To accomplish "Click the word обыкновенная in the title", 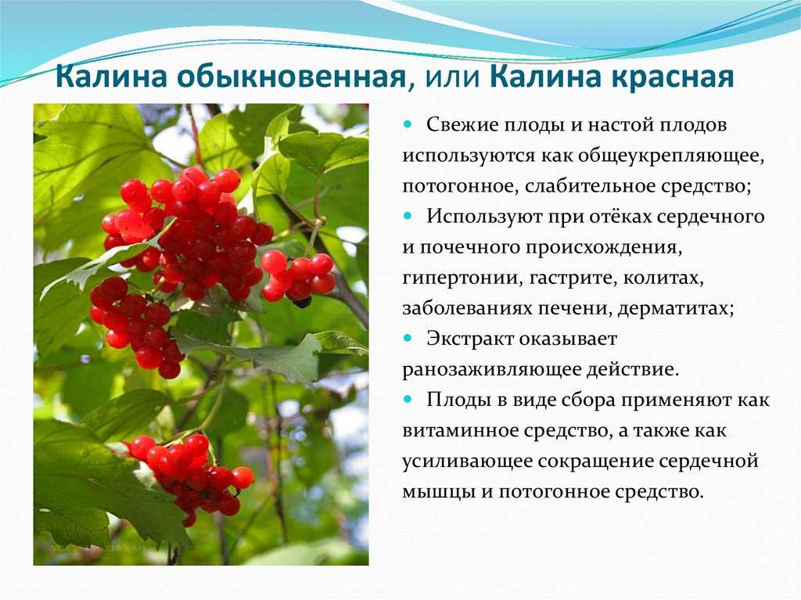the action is coord(291,77).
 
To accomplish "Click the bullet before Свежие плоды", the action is coord(407,124).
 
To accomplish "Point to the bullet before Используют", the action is coord(407,216).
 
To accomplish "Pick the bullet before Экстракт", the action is coord(407,338).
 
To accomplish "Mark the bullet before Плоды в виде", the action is coord(407,400).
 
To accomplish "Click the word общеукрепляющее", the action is coord(671,156).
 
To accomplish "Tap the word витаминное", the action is coord(460,430).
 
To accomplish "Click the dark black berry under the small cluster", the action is coord(303,302).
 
